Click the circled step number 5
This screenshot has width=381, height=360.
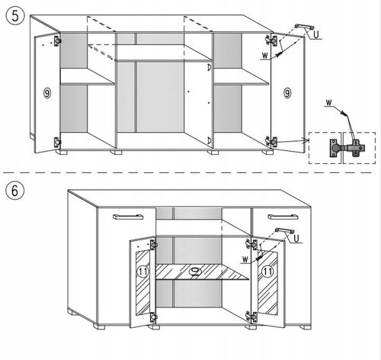pos(15,16)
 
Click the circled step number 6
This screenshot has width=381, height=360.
pos(15,191)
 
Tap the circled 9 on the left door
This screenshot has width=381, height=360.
pos(47,93)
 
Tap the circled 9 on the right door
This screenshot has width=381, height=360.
pos(287,93)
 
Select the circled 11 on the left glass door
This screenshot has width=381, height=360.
pos(142,272)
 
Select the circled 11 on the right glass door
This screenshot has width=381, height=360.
pos(267,272)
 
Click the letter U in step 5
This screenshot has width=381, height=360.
pos(316,34)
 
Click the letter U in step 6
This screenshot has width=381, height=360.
pos(296,239)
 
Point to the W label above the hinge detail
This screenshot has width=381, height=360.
pos(329,103)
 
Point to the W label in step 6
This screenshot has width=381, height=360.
pos(245,259)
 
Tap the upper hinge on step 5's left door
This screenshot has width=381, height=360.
pos(58,40)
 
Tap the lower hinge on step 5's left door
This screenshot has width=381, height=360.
pos(58,143)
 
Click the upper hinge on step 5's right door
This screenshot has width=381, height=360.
pos(271,40)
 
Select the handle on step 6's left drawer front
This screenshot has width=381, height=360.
pos(128,217)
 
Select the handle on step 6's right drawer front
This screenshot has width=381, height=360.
pos(283,217)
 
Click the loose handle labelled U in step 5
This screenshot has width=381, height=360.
pos(305,27)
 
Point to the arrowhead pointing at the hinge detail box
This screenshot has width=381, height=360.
pos(305,140)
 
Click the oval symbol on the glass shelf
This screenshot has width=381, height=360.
pos(195,272)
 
